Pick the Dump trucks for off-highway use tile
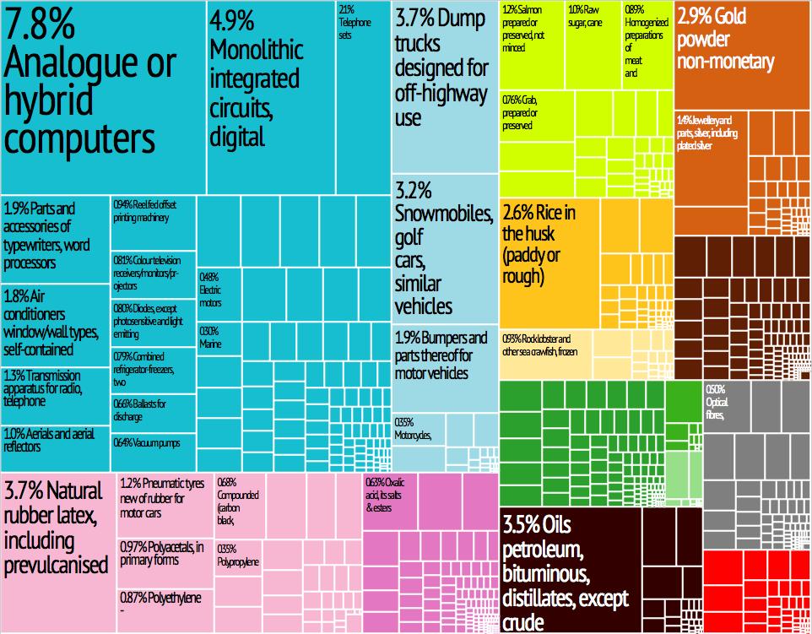pos(444,84)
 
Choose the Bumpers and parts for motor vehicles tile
pos(444,367)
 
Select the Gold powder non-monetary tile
pos(741,51)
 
